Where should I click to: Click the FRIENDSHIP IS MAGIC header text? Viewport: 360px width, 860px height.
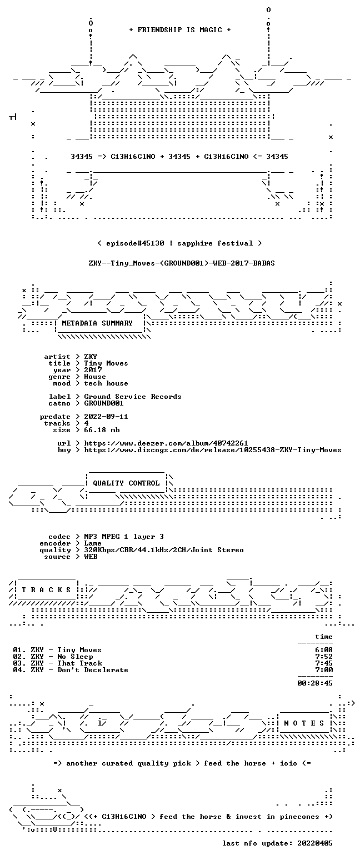tap(180, 30)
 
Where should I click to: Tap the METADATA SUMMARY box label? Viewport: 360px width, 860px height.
tap(97, 323)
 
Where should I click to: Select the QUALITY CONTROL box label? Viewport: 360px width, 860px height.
tap(126, 483)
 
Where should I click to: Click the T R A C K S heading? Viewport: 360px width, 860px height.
tap(47, 590)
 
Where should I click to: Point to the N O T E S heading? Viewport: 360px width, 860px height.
tap(304, 723)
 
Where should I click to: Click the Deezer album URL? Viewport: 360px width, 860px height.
tap(166, 443)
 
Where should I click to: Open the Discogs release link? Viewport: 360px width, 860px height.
tap(213, 450)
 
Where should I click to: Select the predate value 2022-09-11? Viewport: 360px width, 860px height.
tap(106, 417)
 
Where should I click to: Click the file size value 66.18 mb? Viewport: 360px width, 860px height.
tap(102, 430)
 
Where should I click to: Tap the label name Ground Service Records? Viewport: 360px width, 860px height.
tap(132, 397)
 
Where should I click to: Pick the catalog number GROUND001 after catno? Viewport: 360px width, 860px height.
tap(104, 403)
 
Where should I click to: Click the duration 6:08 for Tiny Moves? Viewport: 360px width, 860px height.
tap(324, 650)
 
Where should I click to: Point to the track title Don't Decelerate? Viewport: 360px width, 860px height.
tap(92, 670)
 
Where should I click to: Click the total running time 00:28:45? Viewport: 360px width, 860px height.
tap(314, 683)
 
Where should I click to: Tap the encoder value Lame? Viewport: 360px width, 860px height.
tap(92, 543)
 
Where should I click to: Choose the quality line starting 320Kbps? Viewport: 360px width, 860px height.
tap(164, 550)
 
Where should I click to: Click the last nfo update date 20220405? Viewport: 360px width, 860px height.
tap(314, 843)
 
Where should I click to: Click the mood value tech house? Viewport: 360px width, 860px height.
tap(106, 383)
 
